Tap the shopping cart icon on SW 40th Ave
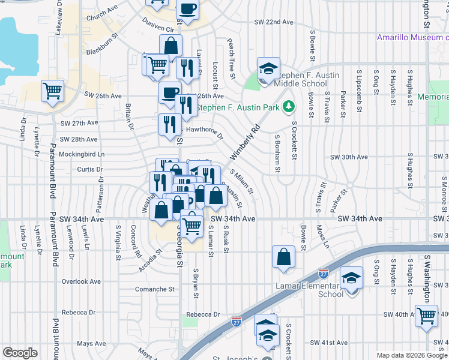tap(426, 314)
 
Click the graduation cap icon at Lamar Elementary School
tap(351, 278)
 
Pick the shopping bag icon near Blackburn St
tap(170, 46)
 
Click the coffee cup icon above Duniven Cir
tap(187, 10)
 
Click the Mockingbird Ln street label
tap(83, 154)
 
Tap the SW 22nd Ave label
tap(273, 22)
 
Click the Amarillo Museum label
tap(412, 37)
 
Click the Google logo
tap(20, 353)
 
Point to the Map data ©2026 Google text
tap(411, 355)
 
